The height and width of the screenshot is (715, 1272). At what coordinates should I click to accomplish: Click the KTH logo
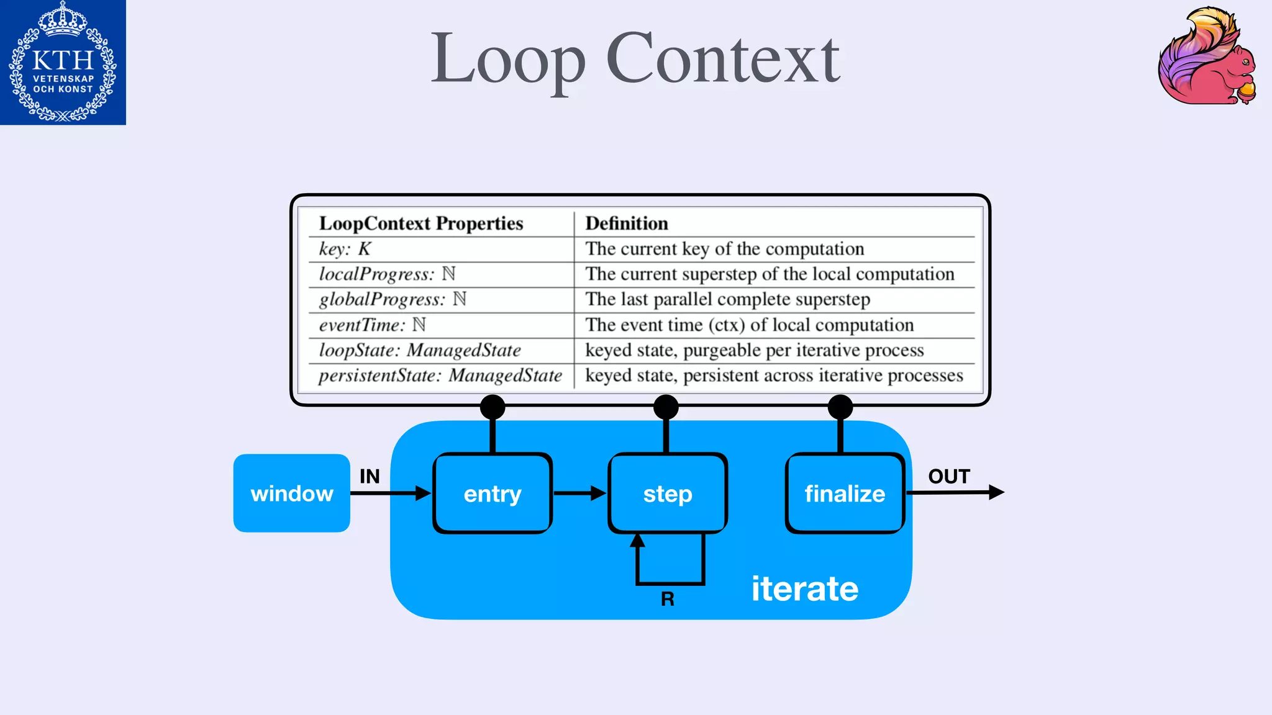[63, 62]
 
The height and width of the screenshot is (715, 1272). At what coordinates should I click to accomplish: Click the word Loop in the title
[508, 59]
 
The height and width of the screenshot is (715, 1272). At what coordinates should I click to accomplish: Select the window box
[291, 493]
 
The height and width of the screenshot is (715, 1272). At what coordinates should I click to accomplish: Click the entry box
[493, 493]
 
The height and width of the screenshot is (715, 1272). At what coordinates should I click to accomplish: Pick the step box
[668, 493]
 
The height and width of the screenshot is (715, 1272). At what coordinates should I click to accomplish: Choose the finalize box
[845, 493]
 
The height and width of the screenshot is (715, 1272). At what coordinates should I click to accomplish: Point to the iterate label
[804, 588]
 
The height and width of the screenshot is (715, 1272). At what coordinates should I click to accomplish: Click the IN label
[370, 476]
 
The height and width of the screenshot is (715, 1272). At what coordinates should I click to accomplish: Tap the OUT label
[948, 476]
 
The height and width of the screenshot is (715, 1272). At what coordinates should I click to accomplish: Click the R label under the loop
[668, 599]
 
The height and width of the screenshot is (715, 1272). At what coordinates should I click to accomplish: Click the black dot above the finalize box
[840, 407]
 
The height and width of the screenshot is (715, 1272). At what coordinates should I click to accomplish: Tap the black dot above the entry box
[493, 407]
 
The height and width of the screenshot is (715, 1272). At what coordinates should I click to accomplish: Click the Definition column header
[627, 223]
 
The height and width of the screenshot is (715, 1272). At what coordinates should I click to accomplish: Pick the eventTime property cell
[372, 325]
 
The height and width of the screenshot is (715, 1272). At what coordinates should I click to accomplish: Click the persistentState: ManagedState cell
[440, 375]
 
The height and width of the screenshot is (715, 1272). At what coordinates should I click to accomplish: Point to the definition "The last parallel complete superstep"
[727, 299]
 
